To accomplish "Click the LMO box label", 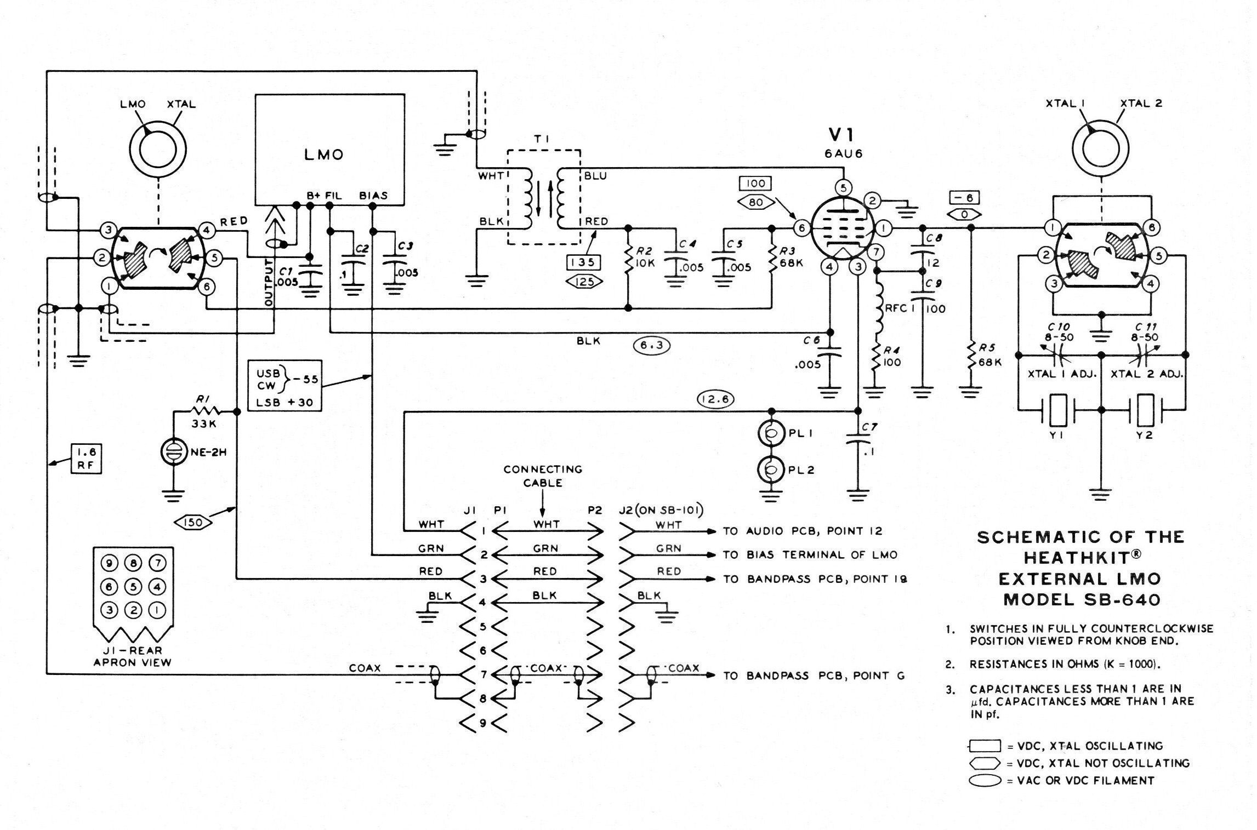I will click(x=323, y=155).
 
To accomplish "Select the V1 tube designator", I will click(x=843, y=135).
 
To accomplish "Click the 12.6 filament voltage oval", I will click(x=715, y=399).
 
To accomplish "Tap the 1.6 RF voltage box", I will click(x=86, y=459).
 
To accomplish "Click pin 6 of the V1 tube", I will click(x=801, y=227).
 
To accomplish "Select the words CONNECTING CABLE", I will click(x=542, y=476).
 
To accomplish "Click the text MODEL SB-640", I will click(x=1082, y=600).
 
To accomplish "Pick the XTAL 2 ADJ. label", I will click(x=1147, y=374).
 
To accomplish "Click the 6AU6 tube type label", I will click(x=843, y=154).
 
